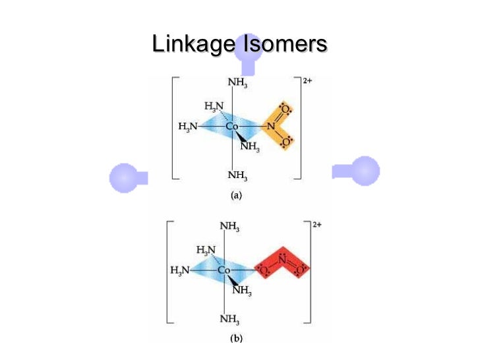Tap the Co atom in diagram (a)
tap(232, 126)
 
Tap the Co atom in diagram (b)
tap(224, 270)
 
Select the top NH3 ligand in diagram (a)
tap(237, 83)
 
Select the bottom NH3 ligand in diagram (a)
tap(237, 175)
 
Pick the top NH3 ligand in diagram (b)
tap(229, 227)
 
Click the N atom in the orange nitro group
tap(270, 126)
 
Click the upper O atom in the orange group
tap(285, 107)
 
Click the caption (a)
tap(235, 196)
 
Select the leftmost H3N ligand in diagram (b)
tap(179, 270)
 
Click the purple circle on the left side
tap(122, 177)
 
